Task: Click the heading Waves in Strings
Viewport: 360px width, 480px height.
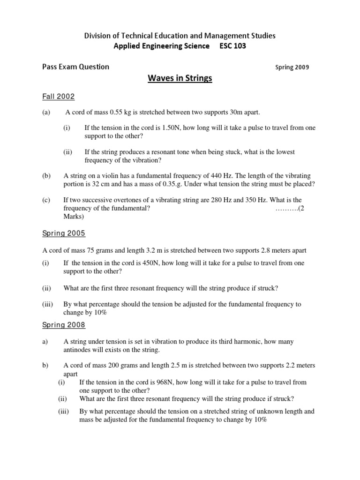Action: [x=180, y=78]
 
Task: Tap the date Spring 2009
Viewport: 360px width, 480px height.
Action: [x=292, y=67]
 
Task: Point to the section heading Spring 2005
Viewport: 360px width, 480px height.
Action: [x=64, y=233]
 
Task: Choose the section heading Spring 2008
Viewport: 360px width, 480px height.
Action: [x=64, y=325]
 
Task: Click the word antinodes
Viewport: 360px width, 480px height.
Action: [x=78, y=350]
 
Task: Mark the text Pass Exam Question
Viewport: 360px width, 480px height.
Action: [x=75, y=67]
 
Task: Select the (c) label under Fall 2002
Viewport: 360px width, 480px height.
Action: [x=46, y=200]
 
